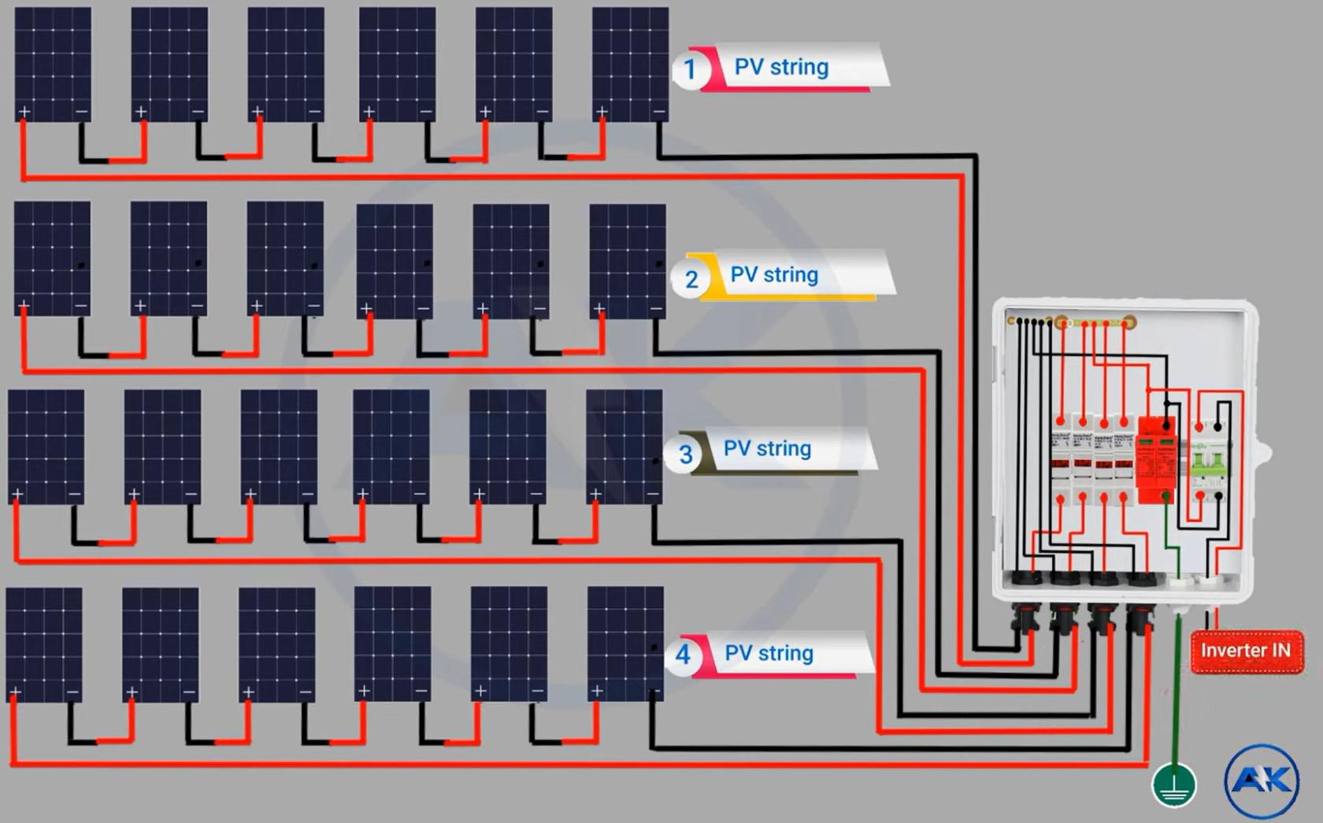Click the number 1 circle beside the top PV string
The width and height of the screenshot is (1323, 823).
[690, 69]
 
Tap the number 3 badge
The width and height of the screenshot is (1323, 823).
[685, 454]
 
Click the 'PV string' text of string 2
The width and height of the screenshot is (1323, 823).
[774, 275]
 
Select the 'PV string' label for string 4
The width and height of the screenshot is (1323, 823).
[769, 653]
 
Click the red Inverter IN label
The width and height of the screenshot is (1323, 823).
[1245, 651]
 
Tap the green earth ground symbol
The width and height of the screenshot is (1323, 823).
[1173, 785]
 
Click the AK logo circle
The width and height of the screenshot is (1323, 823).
[1262, 780]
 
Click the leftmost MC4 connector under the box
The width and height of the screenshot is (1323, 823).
[1025, 617]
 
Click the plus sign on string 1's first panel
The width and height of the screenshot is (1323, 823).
[24, 112]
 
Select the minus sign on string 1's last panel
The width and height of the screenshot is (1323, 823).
[659, 112]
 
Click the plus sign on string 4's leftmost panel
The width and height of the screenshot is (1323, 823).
[15, 692]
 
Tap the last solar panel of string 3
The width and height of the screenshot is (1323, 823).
[624, 446]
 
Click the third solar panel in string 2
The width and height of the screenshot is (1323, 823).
[285, 258]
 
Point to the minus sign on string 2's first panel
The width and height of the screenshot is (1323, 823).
[80, 306]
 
